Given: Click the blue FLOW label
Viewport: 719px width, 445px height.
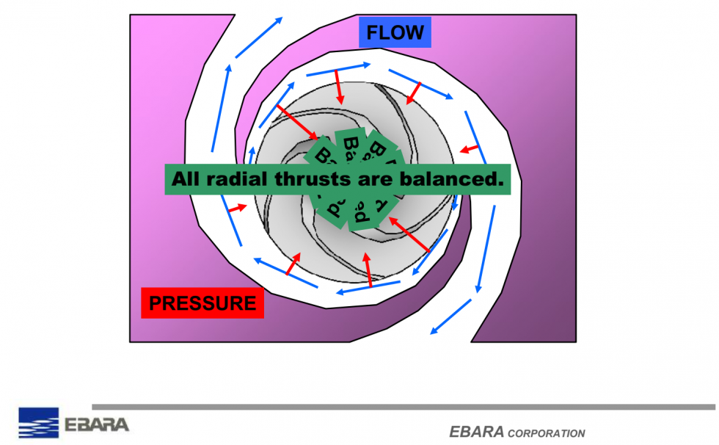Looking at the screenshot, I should click(x=395, y=33).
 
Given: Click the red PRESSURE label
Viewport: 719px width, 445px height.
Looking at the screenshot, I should click(x=202, y=303).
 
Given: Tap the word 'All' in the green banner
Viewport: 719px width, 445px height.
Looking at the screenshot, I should click(x=186, y=179).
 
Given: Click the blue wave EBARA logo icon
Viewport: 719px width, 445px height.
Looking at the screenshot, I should click(x=38, y=423).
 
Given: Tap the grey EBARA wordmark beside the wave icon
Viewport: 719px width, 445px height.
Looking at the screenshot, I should click(x=97, y=424).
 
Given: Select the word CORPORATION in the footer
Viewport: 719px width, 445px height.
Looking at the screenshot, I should click(x=546, y=433).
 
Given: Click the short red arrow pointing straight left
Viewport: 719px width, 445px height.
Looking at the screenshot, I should click(x=469, y=149).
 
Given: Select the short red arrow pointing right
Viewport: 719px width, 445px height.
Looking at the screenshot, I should click(x=237, y=209).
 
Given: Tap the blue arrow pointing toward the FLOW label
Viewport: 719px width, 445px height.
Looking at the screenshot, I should click(x=260, y=37).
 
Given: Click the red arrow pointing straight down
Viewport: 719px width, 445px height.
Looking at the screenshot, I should click(x=339, y=87).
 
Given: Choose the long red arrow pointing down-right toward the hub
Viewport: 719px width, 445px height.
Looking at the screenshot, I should click(x=298, y=123).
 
